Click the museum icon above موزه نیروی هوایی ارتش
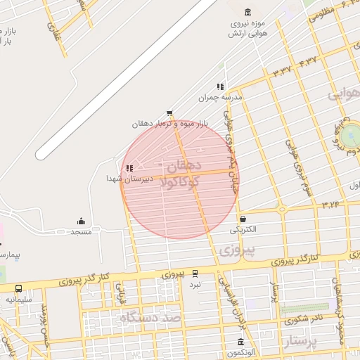tap(247, 12)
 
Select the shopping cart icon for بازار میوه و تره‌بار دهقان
tap(169, 113)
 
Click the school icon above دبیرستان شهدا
tap(128, 168)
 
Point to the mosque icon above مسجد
tap(81, 221)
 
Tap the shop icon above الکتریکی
tap(243, 219)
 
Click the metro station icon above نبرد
tap(195, 274)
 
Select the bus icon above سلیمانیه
tap(18, 288)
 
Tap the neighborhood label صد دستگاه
tap(150, 319)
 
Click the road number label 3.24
tap(330, 205)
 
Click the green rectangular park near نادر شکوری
tap(304, 308)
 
